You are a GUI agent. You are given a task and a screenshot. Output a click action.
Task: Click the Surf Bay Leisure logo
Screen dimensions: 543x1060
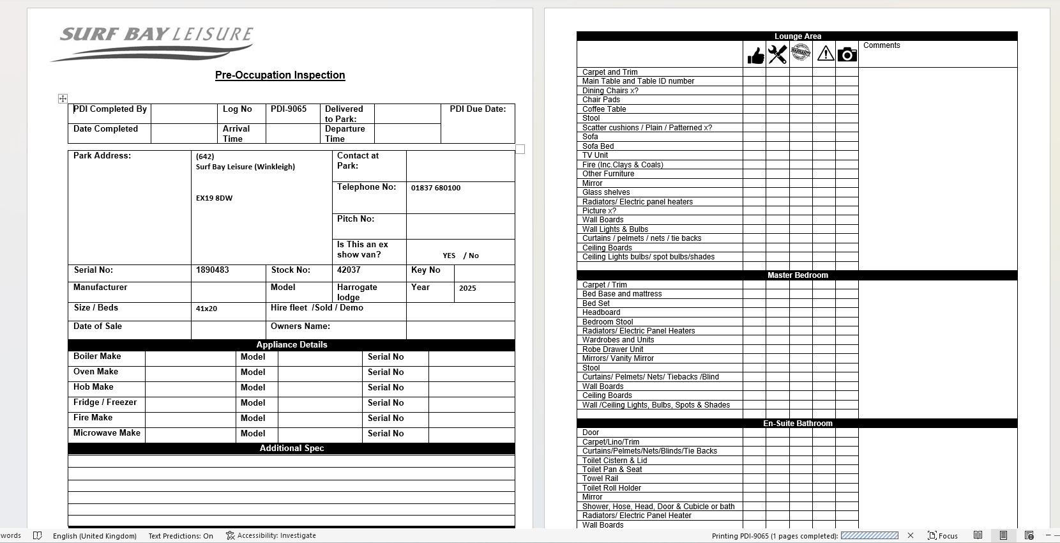click(x=153, y=42)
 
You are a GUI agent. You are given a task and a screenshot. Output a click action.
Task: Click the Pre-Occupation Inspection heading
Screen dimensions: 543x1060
click(x=280, y=75)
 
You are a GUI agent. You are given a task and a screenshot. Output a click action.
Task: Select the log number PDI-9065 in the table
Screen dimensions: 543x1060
click(x=289, y=109)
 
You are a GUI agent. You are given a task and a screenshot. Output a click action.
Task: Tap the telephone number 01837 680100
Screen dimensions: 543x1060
click(x=435, y=188)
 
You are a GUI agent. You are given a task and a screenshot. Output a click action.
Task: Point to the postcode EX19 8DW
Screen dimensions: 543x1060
click(x=214, y=198)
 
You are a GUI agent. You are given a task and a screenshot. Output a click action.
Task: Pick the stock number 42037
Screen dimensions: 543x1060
click(x=349, y=270)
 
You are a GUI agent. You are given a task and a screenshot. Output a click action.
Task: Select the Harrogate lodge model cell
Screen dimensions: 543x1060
click(x=357, y=292)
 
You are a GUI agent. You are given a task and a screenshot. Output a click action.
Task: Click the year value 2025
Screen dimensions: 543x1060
click(x=467, y=288)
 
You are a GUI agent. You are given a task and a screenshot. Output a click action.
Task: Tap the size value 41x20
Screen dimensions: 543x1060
click(x=206, y=309)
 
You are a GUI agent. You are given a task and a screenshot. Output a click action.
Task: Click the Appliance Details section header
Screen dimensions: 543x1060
click(x=291, y=345)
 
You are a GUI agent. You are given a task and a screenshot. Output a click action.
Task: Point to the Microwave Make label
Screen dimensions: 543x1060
click(x=107, y=433)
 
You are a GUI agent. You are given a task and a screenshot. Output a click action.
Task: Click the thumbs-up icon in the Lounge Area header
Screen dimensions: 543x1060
click(x=755, y=56)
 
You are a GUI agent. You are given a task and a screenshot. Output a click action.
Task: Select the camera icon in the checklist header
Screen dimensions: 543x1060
click(x=847, y=55)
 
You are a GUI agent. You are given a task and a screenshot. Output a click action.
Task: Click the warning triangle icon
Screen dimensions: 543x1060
click(x=825, y=54)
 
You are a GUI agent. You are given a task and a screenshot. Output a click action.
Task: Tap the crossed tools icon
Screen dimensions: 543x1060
click(x=777, y=55)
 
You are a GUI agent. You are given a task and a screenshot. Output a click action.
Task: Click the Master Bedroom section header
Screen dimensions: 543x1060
click(x=797, y=275)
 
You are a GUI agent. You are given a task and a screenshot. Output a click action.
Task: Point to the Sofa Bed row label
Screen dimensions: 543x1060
click(x=598, y=146)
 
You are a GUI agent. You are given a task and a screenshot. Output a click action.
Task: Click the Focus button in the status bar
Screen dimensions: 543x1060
click(x=943, y=536)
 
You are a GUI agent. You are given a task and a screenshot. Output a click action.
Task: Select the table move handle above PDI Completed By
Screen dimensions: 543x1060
click(x=63, y=98)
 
